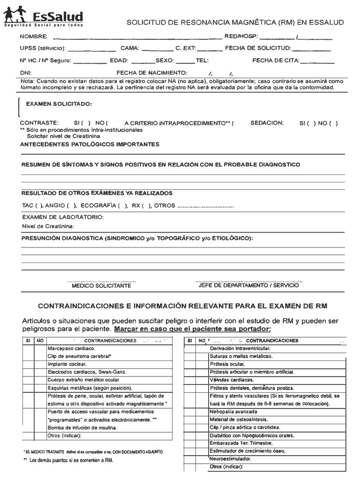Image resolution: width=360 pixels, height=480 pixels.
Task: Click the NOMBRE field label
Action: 33,37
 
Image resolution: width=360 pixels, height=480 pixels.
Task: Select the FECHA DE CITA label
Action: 275,60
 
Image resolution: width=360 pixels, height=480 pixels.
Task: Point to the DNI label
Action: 25,73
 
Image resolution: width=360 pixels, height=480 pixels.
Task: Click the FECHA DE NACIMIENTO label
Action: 152,73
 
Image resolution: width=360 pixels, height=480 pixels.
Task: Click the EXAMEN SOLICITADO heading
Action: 59,104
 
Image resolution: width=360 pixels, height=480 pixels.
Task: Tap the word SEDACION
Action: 267,123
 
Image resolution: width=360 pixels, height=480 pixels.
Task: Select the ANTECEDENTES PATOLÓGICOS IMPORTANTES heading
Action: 90,144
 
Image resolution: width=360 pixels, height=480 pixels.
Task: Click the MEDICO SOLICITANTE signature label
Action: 101,285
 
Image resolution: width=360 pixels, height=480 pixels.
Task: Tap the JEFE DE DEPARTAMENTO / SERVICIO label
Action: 248,285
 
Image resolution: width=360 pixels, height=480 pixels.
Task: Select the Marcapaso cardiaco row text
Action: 71,349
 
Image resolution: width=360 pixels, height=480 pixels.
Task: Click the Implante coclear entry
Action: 67,364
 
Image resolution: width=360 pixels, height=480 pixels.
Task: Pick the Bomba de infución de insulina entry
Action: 82,427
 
